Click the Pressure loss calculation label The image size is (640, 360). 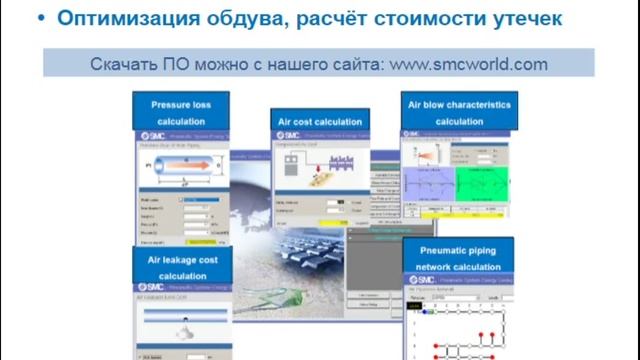point(181,112)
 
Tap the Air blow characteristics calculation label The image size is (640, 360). point(459,112)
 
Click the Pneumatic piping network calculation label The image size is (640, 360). point(459,259)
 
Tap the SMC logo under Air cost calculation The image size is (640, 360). point(288,135)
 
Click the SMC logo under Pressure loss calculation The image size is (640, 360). point(152,135)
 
